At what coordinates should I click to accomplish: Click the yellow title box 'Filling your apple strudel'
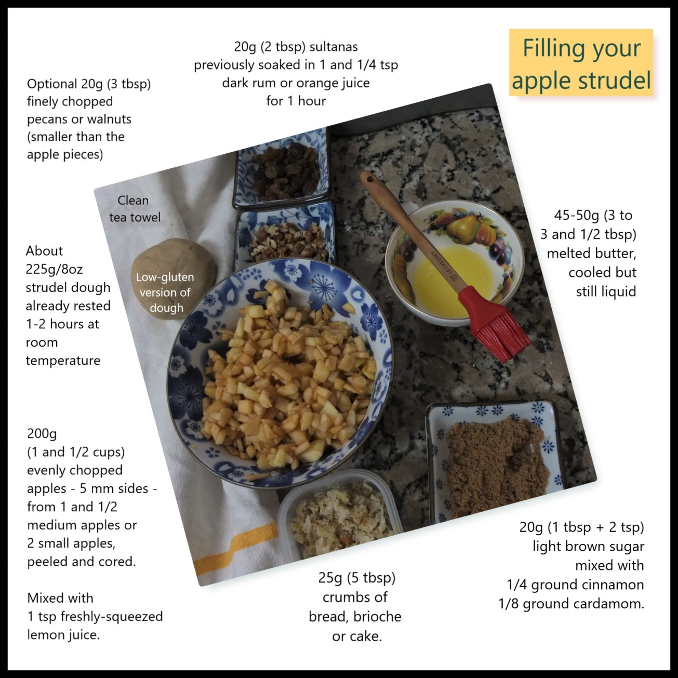click(x=581, y=63)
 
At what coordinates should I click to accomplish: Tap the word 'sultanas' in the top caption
click(x=334, y=47)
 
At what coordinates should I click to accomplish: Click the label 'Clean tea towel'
click(x=135, y=208)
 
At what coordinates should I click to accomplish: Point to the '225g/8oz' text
click(x=54, y=269)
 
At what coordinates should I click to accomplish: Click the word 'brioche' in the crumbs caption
click(x=377, y=617)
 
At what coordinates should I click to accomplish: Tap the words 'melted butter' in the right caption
click(x=591, y=254)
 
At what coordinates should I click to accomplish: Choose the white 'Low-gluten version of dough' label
click(x=165, y=293)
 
